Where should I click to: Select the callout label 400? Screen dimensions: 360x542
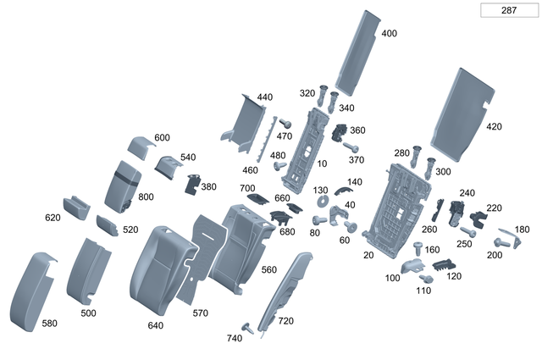coord(389,34)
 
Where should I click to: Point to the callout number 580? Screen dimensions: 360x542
coord(50,323)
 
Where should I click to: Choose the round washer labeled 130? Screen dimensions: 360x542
coord(323,202)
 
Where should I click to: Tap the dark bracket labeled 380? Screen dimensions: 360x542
coord(191,183)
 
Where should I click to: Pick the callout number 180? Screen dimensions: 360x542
coord(522,230)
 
